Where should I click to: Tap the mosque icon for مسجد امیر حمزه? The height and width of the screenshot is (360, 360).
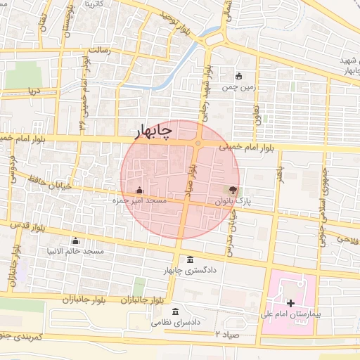(x=139, y=190)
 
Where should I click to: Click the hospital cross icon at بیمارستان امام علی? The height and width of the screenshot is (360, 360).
(x=291, y=302)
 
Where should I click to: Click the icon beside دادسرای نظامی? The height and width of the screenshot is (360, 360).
(x=174, y=312)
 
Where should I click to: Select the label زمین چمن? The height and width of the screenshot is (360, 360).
(x=239, y=88)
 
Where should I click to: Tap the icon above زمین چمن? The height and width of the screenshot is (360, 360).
(x=239, y=77)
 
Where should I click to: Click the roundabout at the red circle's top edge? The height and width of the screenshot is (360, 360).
(x=198, y=143)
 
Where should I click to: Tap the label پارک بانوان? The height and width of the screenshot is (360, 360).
(x=252, y=201)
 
